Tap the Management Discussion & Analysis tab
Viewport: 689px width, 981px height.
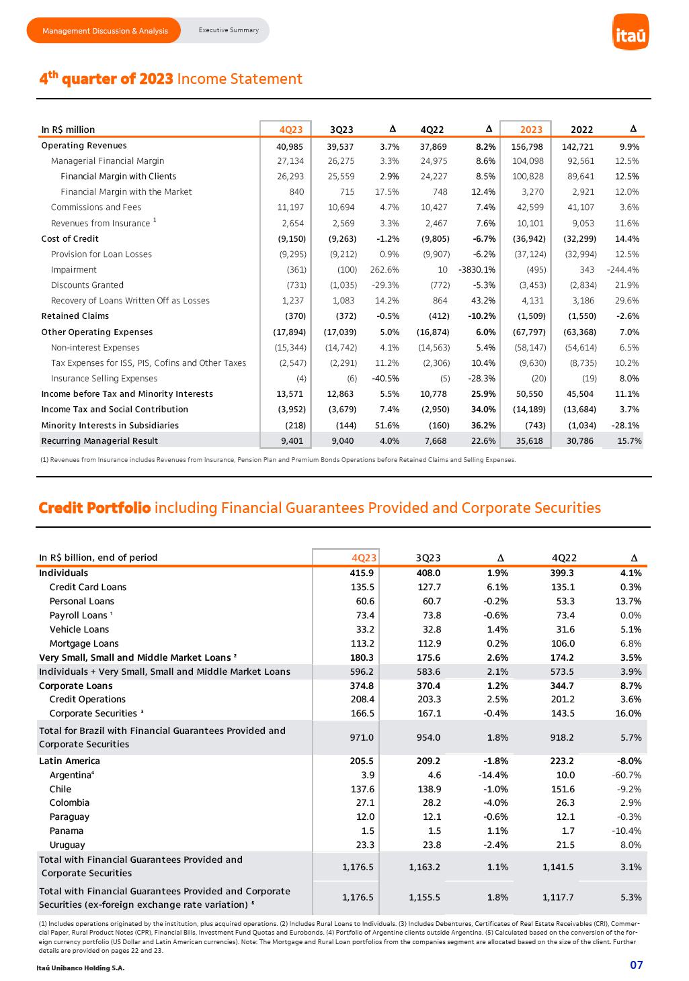click(105, 31)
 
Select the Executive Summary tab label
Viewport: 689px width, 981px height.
click(229, 30)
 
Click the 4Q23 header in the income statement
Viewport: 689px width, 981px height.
click(291, 130)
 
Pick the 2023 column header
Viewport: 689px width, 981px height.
click(531, 130)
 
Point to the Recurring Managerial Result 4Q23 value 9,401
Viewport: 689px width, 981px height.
click(292, 441)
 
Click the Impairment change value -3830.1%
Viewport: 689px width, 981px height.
click(477, 270)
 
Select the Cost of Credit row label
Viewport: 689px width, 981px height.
click(70, 239)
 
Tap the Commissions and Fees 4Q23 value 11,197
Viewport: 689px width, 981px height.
click(291, 207)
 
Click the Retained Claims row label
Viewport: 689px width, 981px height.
click(75, 316)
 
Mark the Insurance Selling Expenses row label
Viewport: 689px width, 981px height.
click(104, 379)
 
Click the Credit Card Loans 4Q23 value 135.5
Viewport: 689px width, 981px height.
click(362, 588)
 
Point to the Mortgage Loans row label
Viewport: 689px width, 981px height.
click(84, 644)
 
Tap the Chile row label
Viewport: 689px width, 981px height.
click(60, 790)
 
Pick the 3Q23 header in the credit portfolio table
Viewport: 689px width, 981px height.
click(428, 558)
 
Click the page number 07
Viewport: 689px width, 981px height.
click(636, 966)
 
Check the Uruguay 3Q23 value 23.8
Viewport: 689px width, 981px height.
click(430, 845)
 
